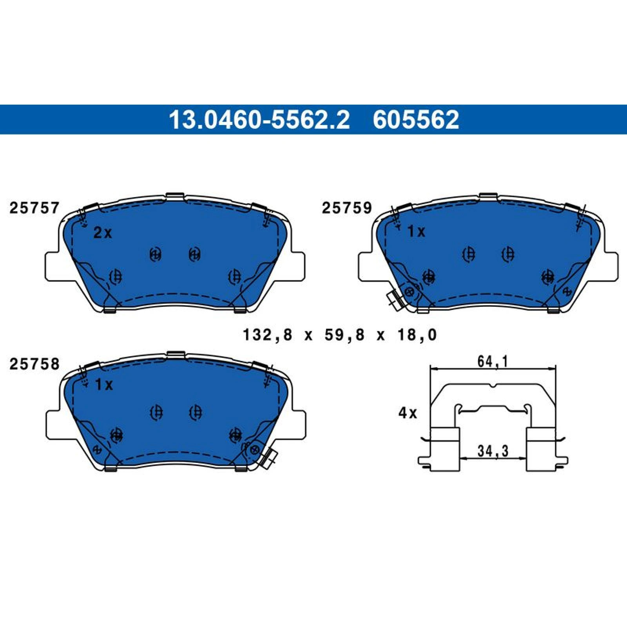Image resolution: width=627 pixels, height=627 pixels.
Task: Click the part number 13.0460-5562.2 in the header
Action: point(259,120)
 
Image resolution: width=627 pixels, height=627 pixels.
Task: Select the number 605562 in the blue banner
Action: point(416,120)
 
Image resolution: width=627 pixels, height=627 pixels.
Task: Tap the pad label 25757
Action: point(34,208)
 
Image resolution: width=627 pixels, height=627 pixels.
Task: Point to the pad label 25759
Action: point(347,208)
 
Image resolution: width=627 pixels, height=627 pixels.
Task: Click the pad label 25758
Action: point(34,364)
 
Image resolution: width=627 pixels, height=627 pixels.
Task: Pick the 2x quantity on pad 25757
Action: point(103,233)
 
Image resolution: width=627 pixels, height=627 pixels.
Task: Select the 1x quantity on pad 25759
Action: point(416,232)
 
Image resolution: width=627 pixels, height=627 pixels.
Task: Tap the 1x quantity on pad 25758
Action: point(104,385)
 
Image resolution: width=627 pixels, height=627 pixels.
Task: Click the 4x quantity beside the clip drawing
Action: point(408,413)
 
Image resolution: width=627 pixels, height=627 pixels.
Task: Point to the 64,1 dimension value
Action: point(493,361)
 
